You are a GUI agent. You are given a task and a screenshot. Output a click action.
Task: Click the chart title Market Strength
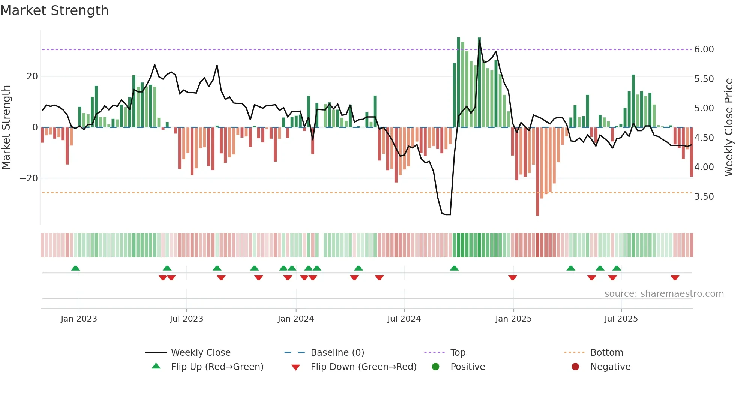click(x=54, y=10)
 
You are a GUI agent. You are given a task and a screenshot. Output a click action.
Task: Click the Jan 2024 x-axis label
click(x=295, y=319)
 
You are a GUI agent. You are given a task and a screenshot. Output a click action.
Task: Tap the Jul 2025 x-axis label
click(x=621, y=319)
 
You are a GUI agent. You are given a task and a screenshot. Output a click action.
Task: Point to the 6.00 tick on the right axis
click(x=703, y=49)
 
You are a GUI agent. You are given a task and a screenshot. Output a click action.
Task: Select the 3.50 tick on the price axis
click(x=703, y=197)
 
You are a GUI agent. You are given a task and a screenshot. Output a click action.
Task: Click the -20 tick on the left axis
click(x=29, y=178)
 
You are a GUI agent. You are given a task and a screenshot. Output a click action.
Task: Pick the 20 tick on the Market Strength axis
click(x=32, y=76)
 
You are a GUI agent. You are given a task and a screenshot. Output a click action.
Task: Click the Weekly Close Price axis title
click(x=728, y=127)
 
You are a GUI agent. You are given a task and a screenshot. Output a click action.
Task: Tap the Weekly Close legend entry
click(x=200, y=353)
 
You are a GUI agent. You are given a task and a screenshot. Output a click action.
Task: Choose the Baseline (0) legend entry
click(x=337, y=353)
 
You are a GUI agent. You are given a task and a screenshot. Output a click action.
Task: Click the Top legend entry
click(x=457, y=353)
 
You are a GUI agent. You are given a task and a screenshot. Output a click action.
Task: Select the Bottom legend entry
click(x=606, y=353)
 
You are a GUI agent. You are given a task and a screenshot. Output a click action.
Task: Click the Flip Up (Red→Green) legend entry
click(x=217, y=367)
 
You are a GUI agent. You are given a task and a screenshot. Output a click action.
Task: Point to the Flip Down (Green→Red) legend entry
click(x=363, y=367)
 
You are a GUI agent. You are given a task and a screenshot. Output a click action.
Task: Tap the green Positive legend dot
click(x=435, y=367)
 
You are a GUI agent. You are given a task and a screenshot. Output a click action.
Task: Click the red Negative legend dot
click(x=575, y=367)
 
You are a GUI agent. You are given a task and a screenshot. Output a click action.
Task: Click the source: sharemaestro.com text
click(x=664, y=294)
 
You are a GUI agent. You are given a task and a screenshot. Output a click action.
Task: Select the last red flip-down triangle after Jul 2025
click(x=675, y=278)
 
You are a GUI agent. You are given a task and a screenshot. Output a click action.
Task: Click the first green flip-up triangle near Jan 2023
click(x=75, y=268)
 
